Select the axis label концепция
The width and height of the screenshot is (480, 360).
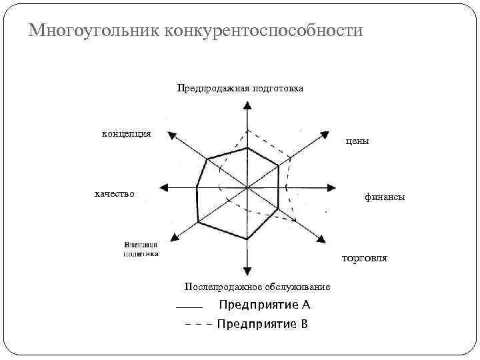tap(126, 133)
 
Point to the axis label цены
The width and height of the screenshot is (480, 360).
tap(357, 141)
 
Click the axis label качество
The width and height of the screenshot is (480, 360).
tap(114, 193)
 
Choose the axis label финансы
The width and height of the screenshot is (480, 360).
tap(384, 197)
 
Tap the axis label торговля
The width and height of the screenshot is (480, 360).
tap(364, 257)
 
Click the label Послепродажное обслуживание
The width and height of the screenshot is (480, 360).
tap(257, 287)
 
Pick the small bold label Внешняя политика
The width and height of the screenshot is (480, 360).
tap(141, 249)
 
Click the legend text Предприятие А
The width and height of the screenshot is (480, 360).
tap(265, 305)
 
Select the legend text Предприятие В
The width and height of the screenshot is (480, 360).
tap(262, 324)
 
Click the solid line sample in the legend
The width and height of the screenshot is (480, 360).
tap(189, 307)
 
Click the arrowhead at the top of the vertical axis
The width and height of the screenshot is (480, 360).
tap(247, 105)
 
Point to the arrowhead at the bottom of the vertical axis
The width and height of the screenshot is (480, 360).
tap(247, 270)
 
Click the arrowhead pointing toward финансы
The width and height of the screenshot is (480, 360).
tap(330, 188)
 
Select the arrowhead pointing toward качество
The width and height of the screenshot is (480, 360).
tap(164, 188)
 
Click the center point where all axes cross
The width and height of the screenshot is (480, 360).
tap(247, 188)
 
